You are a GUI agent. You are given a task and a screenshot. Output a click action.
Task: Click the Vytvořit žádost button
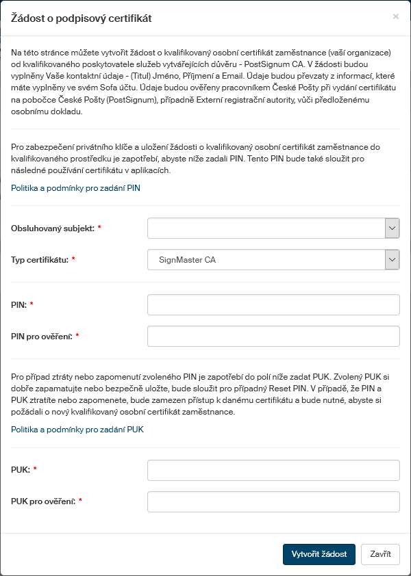pyautogui.click(x=319, y=554)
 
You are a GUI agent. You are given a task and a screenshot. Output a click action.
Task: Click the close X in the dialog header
pyautogui.click(x=395, y=16)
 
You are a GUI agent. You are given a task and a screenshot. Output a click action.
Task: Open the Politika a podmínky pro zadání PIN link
pyautogui.click(x=76, y=187)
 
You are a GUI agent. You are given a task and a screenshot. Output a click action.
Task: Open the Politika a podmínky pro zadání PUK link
pyautogui.click(x=77, y=430)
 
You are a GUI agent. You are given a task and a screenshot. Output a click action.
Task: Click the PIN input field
pyautogui.click(x=273, y=304)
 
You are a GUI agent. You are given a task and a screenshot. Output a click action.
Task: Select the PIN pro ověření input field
pyautogui.click(x=273, y=336)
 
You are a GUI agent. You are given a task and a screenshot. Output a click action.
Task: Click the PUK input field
pyautogui.click(x=273, y=470)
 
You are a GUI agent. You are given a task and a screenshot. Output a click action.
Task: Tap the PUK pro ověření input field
pyautogui.click(x=273, y=501)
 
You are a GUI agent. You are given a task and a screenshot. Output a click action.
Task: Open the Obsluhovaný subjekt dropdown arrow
pyautogui.click(x=392, y=228)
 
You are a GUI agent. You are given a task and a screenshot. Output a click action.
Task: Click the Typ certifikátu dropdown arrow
pyautogui.click(x=392, y=259)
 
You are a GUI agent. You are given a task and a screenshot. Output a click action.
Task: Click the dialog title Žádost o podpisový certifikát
pyautogui.click(x=82, y=18)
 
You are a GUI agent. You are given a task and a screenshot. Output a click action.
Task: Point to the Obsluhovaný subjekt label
pyautogui.click(x=53, y=228)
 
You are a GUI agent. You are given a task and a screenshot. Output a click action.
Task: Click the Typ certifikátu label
pyautogui.click(x=40, y=259)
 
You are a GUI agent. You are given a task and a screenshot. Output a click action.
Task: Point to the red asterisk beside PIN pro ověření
pyautogui.click(x=77, y=336)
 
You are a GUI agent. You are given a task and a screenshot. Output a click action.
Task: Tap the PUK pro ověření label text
pyautogui.click(x=42, y=501)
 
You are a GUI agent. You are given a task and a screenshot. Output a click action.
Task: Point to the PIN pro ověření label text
pyautogui.click(x=41, y=336)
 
